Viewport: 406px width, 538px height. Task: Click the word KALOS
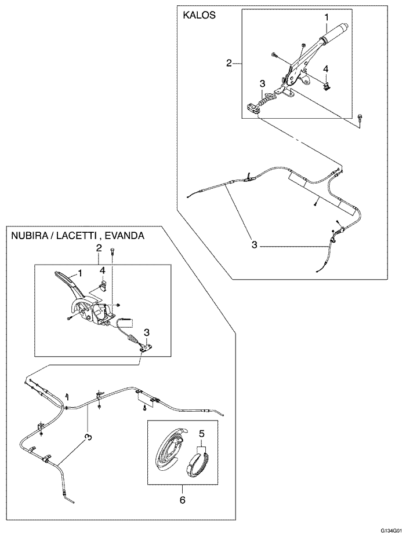(199, 16)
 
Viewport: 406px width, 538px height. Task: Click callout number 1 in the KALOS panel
(327, 19)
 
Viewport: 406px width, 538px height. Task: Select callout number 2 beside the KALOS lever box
(230, 63)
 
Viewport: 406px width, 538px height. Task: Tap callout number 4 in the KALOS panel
(326, 69)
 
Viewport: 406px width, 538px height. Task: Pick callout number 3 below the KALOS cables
(254, 245)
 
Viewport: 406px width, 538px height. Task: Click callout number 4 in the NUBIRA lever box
(102, 270)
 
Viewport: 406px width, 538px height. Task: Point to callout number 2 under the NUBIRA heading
(99, 248)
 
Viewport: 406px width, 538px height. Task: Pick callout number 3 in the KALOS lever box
(263, 83)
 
